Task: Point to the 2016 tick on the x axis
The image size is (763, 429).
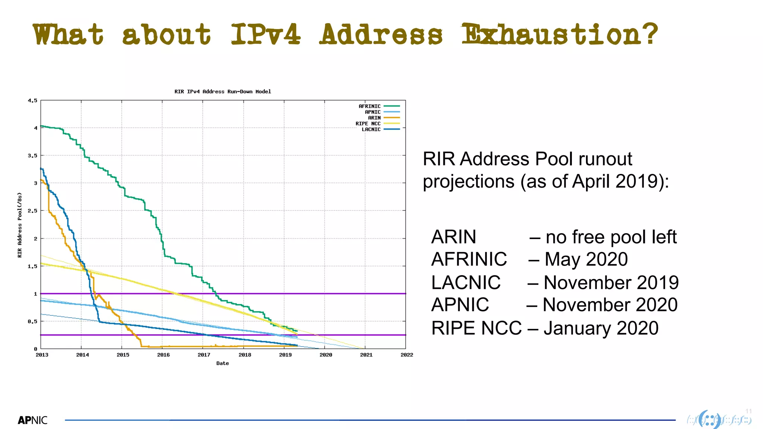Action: [163, 355]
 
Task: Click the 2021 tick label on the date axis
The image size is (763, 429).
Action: [366, 355]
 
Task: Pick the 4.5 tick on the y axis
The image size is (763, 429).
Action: [32, 101]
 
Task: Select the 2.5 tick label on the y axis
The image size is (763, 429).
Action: [32, 211]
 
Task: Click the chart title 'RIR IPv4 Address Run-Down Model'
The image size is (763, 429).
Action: [223, 92]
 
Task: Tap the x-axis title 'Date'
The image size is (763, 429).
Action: [222, 363]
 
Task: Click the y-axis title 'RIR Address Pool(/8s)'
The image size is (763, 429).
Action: [20, 225]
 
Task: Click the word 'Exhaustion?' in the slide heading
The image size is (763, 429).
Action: [560, 34]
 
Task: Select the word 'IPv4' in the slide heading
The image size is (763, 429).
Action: [265, 34]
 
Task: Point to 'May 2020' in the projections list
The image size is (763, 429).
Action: [586, 259]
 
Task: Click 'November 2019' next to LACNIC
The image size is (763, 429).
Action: [611, 282]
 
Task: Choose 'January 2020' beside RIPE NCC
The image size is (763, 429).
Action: [601, 328]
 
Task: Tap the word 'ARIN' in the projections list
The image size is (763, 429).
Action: [453, 237]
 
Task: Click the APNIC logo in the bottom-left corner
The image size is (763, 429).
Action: [33, 420]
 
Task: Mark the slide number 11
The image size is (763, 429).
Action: [748, 411]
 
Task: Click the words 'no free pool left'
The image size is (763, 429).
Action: [611, 237]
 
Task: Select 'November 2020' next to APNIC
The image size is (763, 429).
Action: [610, 305]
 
